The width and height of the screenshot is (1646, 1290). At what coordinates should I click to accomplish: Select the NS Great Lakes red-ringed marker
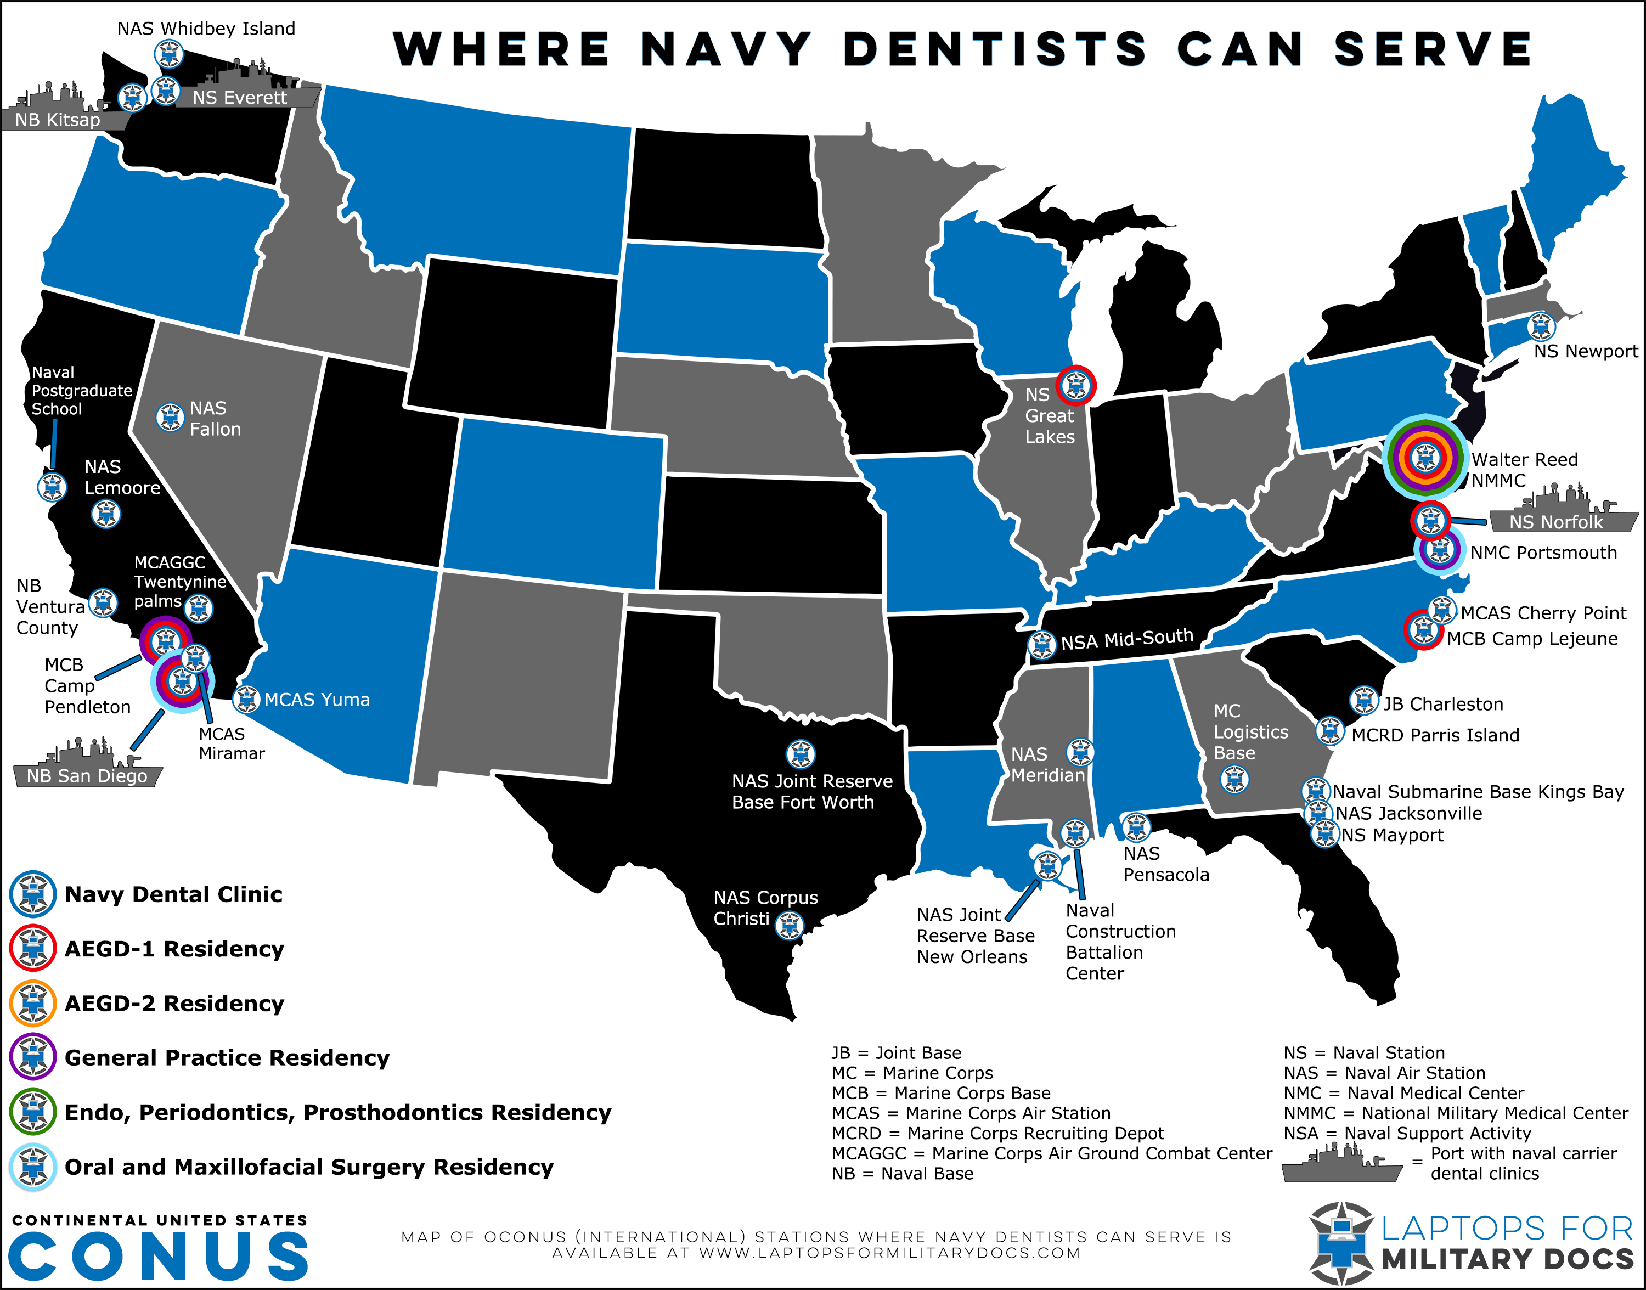(1075, 386)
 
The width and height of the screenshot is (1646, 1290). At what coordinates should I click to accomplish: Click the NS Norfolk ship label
(1555, 521)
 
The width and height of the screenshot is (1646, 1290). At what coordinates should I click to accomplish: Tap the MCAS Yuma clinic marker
(246, 700)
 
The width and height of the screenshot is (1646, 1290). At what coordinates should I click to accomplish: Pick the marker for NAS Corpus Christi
(790, 925)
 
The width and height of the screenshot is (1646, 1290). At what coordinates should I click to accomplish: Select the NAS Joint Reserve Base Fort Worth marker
(801, 753)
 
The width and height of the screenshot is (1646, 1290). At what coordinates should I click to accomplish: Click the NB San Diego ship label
(87, 776)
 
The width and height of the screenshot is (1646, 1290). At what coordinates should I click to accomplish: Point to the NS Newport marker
(1540, 326)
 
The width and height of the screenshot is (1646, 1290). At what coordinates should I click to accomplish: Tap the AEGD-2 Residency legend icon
(32, 1003)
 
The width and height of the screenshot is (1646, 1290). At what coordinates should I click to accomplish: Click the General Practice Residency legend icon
(32, 1057)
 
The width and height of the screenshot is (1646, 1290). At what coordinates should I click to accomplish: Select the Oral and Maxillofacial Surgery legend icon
(32, 1167)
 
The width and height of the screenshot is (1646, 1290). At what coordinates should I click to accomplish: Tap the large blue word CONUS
(159, 1256)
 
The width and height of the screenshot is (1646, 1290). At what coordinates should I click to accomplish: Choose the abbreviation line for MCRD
(997, 1133)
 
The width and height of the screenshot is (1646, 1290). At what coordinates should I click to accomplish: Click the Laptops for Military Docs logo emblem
(1341, 1242)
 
